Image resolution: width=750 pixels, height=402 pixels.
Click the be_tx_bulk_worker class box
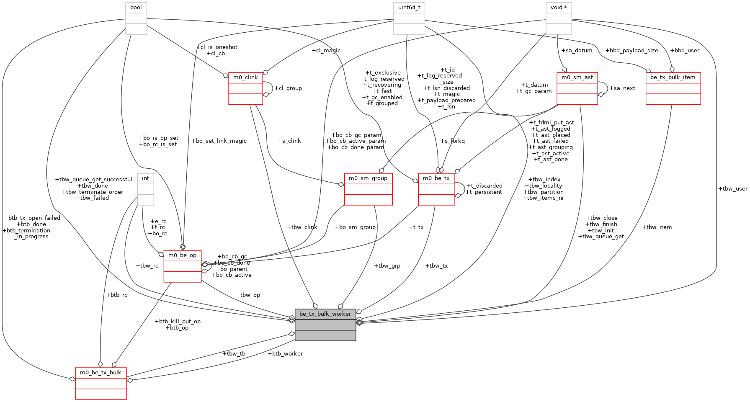pos(325,325)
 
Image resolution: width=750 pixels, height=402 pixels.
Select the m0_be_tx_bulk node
pos(101,383)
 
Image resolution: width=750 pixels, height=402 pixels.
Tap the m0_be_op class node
pos(183,266)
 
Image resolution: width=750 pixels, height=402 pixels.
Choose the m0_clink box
pos(246,88)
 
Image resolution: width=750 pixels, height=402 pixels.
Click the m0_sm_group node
pos(368,189)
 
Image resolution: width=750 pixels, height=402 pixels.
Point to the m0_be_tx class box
pos(436,189)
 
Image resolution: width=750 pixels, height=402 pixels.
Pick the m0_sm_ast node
pos(577,88)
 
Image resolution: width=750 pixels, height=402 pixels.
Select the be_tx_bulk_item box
pos(673,88)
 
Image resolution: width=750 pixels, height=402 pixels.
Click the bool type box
pos(136,18)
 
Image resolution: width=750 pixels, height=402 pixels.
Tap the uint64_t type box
pos(409,18)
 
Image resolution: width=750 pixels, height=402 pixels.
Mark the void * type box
pos(559,18)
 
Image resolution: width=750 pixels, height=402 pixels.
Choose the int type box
pos(146,189)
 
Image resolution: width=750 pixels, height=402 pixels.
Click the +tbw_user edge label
pos(732,188)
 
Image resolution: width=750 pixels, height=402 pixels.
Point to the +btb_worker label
pos(285,353)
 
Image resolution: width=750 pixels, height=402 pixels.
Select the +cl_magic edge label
pos(326,50)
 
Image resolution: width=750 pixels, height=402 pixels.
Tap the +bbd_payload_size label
pos(631,50)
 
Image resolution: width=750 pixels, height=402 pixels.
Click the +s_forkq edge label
pos(452,141)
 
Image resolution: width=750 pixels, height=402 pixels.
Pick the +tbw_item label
pos(657,227)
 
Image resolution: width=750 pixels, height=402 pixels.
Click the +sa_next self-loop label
pos(622,88)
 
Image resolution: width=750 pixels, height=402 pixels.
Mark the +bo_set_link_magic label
pos(219,141)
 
